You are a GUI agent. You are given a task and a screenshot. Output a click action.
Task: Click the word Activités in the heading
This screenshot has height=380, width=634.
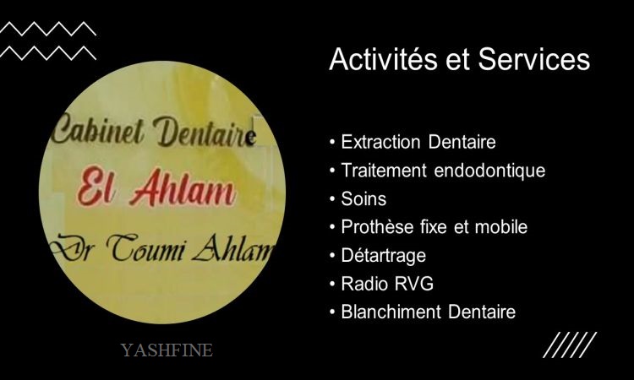[383, 59]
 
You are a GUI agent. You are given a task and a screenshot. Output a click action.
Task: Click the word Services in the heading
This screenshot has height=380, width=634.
[534, 59]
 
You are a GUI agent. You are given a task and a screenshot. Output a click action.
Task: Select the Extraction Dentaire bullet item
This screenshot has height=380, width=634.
[418, 142]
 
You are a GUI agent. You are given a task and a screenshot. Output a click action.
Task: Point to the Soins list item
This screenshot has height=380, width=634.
[363, 199]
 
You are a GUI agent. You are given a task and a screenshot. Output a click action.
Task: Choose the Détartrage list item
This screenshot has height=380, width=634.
[383, 256]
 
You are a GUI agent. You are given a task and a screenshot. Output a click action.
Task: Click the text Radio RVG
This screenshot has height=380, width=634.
[387, 284]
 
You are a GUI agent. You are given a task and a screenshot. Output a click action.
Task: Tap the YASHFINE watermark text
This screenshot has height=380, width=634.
[167, 350]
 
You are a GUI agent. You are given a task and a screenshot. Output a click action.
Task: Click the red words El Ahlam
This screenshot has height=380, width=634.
[156, 187]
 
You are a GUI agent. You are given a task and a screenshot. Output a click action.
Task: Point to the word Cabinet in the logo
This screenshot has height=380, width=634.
[98, 130]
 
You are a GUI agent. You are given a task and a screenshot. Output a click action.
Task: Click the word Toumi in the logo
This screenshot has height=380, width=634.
[146, 248]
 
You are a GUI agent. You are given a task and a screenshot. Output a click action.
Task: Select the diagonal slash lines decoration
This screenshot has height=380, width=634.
[570, 345]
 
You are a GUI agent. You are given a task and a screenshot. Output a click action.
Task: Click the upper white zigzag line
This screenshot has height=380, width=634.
[48, 29]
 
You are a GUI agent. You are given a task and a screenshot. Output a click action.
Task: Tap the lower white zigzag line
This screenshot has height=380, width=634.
[48, 53]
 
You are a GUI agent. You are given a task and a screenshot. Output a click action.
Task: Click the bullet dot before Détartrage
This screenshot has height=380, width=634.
[332, 256]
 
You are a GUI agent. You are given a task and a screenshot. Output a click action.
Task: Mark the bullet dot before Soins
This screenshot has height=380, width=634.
[332, 199]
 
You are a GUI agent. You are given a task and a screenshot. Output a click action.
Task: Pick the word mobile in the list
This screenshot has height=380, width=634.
[501, 227]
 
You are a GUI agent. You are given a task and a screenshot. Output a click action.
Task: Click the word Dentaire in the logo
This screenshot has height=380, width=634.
[205, 133]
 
